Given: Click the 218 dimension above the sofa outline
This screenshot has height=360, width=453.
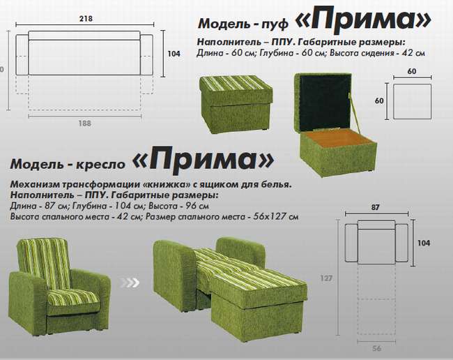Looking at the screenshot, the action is (86, 19).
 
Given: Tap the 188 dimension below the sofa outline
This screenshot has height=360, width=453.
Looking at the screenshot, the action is (84, 123).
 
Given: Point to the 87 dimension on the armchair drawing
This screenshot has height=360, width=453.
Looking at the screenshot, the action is (376, 207).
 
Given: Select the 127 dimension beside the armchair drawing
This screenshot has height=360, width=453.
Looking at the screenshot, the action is (326, 278).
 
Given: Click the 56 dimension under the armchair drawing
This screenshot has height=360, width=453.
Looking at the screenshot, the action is (376, 348).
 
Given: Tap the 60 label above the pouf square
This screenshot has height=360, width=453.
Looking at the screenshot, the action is (412, 71).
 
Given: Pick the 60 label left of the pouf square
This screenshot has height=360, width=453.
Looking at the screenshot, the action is (379, 100).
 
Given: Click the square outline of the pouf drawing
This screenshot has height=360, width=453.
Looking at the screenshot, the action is (394, 101).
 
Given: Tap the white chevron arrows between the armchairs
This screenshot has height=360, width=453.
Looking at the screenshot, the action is (130, 283).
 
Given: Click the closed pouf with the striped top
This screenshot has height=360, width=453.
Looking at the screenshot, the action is (236, 104).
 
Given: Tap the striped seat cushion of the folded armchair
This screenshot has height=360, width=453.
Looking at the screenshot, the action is (72, 298).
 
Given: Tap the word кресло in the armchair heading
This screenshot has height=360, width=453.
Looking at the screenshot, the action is (100, 164).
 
